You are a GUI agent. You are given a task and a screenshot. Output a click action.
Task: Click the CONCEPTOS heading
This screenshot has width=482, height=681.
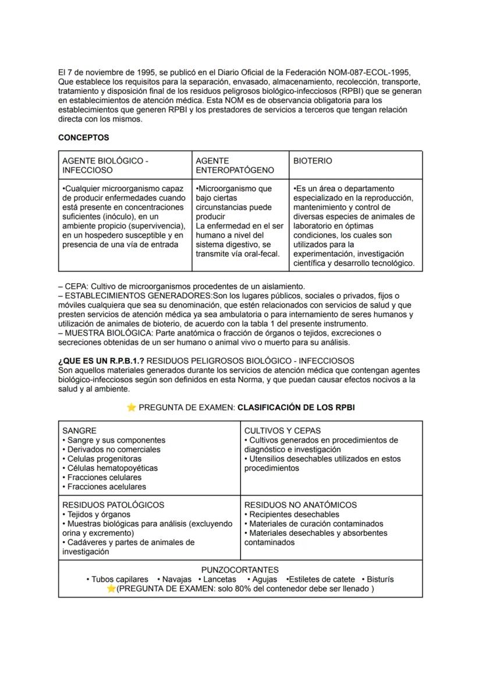[83, 138]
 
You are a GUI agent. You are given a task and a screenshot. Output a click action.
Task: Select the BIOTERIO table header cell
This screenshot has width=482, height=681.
[313, 161]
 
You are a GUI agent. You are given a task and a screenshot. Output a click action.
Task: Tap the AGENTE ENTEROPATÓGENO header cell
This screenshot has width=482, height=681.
[235, 165]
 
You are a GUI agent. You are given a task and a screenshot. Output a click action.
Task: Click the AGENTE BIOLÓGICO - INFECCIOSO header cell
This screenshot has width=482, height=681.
[105, 165]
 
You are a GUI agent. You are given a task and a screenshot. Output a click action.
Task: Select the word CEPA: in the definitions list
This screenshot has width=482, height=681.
[77, 287]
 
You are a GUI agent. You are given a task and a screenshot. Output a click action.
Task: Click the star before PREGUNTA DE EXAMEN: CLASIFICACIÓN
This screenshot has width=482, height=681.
[131, 408]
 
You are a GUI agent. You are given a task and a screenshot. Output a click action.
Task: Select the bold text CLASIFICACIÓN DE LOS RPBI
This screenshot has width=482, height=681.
[296, 408]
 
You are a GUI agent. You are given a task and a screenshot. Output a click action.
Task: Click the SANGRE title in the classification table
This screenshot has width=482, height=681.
[79, 431]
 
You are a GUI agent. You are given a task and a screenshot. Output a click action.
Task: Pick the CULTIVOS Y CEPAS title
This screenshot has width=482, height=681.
[282, 431]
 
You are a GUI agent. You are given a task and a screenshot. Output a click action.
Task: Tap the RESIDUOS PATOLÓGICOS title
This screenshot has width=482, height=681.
[113, 505]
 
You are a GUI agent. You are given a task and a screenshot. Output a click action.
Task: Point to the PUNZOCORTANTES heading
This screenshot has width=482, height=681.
[240, 570]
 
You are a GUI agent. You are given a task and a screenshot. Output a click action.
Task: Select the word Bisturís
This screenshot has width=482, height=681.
[380, 579]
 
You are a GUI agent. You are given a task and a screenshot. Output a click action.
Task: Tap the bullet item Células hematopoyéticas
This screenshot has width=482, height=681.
[112, 468]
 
